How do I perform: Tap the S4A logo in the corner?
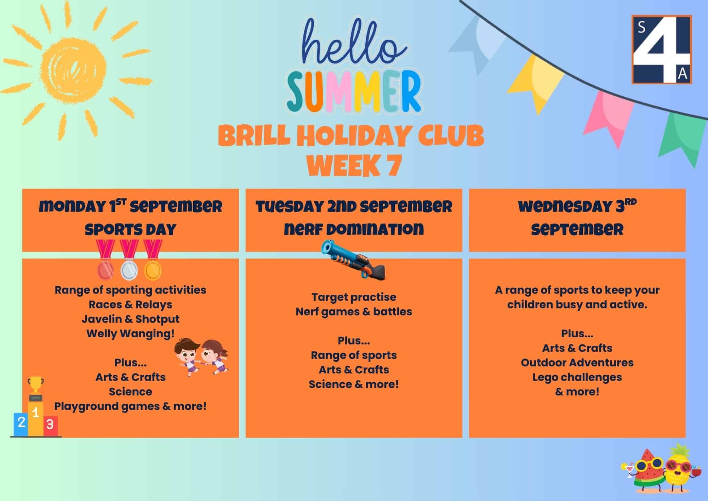tap(662, 49)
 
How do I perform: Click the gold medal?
tap(153, 260)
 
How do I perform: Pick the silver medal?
tap(129, 260)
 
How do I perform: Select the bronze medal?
tap(105, 260)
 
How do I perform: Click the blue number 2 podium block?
tap(21, 424)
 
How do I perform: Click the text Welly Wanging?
tap(131, 334)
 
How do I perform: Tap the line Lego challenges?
tap(577, 377)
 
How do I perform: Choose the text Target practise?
tap(354, 297)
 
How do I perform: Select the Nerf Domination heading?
tap(354, 229)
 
